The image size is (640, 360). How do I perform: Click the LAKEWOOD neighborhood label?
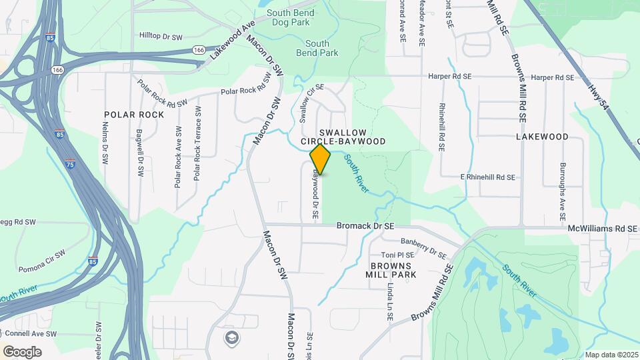[542, 137]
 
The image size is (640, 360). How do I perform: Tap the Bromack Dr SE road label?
[365, 226]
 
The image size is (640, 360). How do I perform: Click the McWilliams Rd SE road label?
[603, 229]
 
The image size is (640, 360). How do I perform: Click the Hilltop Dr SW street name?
[161, 35]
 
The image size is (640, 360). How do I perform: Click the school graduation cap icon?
[231, 337]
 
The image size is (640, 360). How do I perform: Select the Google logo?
[22, 351]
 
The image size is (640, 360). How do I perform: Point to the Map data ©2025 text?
[611, 355]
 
